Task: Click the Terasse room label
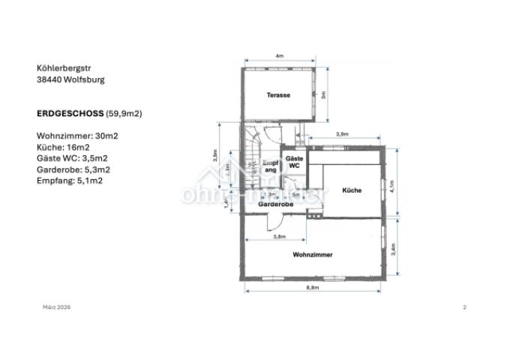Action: tap(279, 95)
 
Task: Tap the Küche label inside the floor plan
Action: tap(352, 190)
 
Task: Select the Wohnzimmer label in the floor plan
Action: tap(313, 255)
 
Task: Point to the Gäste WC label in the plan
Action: tap(294, 162)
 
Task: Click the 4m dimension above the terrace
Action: tap(279, 56)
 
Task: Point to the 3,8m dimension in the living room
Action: tap(279, 237)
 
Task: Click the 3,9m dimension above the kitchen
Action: tap(342, 133)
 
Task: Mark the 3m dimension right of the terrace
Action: tap(324, 95)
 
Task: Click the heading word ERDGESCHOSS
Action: tap(68, 113)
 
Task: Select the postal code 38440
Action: tap(49, 79)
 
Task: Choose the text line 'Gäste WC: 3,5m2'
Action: tap(71, 159)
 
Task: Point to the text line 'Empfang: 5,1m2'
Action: tap(69, 181)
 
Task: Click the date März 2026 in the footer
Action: tap(57, 307)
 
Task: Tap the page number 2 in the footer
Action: tap(465, 307)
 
